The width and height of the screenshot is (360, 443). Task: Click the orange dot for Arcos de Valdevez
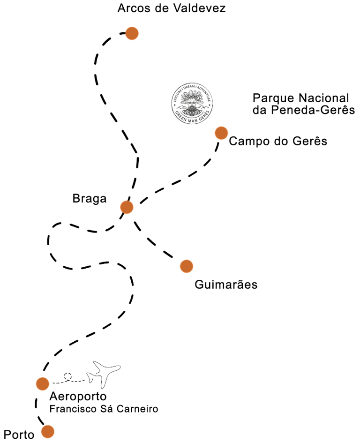132,33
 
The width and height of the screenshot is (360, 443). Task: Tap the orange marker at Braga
127,207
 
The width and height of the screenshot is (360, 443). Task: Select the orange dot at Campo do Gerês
221,133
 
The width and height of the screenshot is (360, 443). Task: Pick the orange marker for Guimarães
186,266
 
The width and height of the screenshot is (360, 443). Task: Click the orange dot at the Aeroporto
42,383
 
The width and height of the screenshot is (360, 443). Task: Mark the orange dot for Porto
47,431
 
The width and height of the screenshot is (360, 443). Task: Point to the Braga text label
90,199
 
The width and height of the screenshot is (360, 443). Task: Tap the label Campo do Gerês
278,141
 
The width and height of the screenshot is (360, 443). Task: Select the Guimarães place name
225,285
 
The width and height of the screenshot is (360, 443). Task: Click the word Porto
19,435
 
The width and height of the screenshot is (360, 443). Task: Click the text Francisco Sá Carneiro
104,409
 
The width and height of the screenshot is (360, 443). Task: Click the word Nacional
323,98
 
